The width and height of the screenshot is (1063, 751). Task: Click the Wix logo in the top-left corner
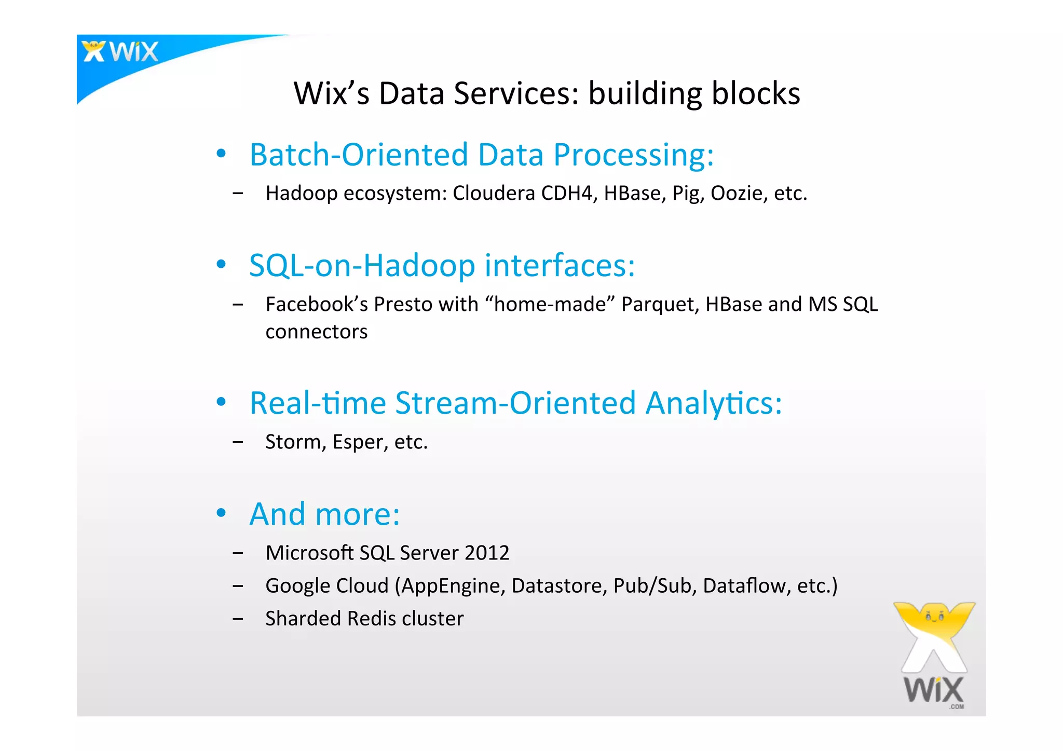click(120, 52)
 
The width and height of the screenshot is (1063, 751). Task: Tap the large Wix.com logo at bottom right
click(934, 655)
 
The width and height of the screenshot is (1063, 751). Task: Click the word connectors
click(316, 332)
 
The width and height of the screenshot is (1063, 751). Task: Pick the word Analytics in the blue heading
click(713, 403)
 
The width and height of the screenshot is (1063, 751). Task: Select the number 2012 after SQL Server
click(487, 553)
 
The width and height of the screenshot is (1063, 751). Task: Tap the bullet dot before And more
click(222, 513)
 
